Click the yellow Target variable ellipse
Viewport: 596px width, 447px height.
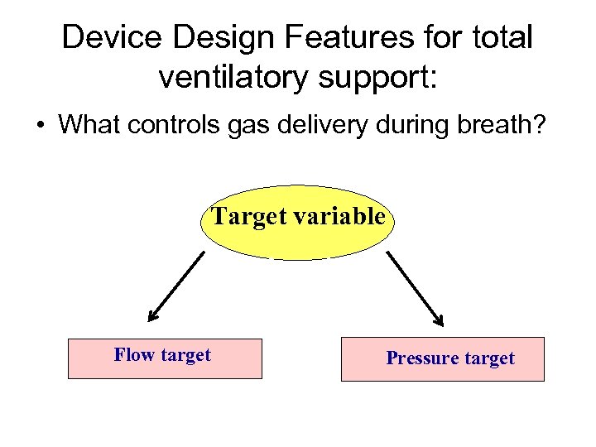tap(297, 222)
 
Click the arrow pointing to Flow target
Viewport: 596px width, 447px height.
tap(176, 286)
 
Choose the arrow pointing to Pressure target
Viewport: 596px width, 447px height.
tap(415, 287)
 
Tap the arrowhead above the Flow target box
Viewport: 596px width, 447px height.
tap(153, 315)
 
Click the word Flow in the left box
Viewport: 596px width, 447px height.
tap(134, 355)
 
